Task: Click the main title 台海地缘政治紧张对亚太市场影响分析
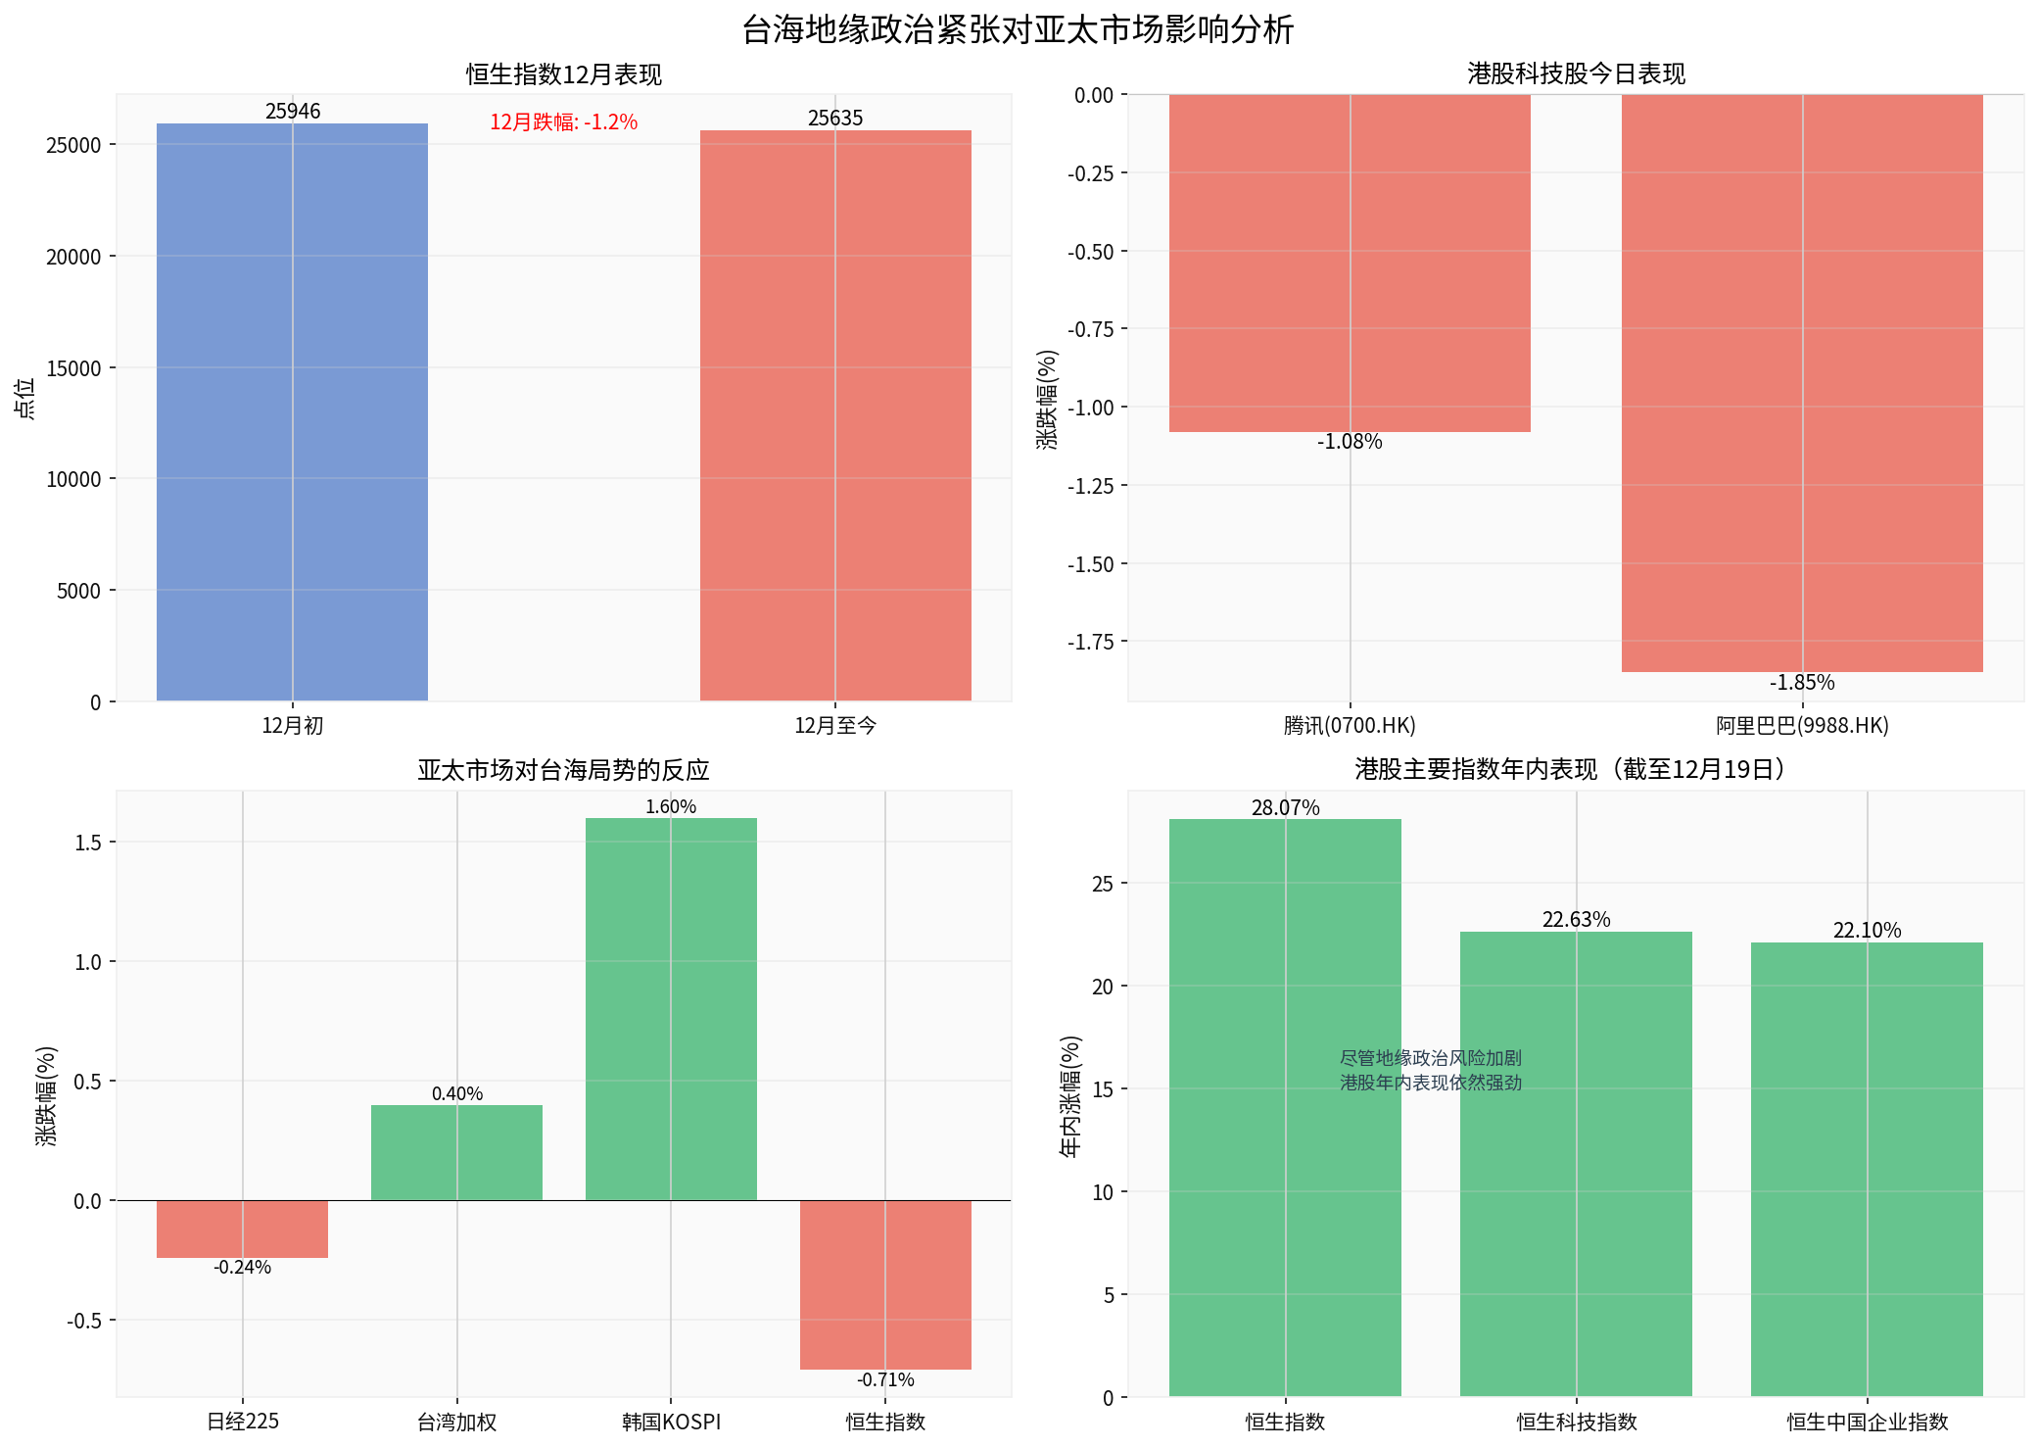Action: tap(1019, 29)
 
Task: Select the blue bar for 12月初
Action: tap(292, 411)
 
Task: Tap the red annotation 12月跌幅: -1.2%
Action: tap(563, 121)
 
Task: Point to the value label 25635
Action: tap(835, 118)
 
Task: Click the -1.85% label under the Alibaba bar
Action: tap(1802, 683)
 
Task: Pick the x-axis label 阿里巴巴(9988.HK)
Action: tap(1802, 726)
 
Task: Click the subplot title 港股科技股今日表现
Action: tap(1576, 73)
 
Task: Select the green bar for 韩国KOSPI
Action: tap(671, 1009)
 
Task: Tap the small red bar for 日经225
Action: tap(242, 1229)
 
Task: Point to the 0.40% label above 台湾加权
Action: tap(457, 1093)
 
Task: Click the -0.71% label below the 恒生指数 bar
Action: tap(885, 1379)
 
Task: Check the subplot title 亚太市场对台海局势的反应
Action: tap(563, 770)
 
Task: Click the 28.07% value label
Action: tap(1285, 807)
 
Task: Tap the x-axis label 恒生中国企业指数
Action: tap(1867, 1422)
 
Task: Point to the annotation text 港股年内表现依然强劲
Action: tap(1431, 1083)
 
